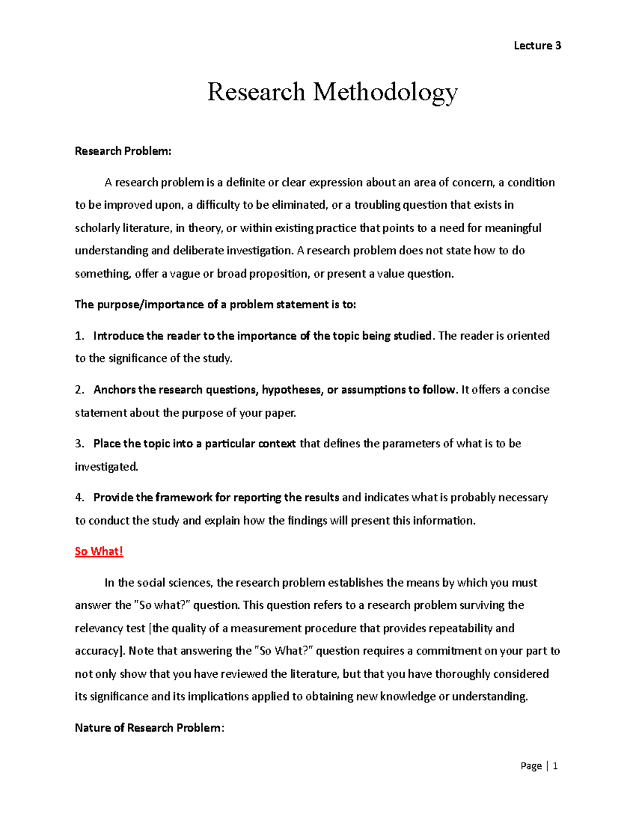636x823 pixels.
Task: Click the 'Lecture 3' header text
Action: click(537, 46)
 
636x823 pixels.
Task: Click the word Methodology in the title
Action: click(385, 92)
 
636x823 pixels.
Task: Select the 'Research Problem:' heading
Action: click(123, 151)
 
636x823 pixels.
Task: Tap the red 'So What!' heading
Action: click(99, 551)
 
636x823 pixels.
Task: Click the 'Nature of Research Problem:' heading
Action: click(149, 728)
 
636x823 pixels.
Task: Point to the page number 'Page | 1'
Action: click(539, 765)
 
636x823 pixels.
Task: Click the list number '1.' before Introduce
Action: click(79, 335)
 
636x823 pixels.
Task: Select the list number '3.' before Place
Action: click(79, 444)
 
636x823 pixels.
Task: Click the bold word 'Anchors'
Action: click(114, 390)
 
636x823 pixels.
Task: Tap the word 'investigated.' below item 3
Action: click(106, 466)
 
